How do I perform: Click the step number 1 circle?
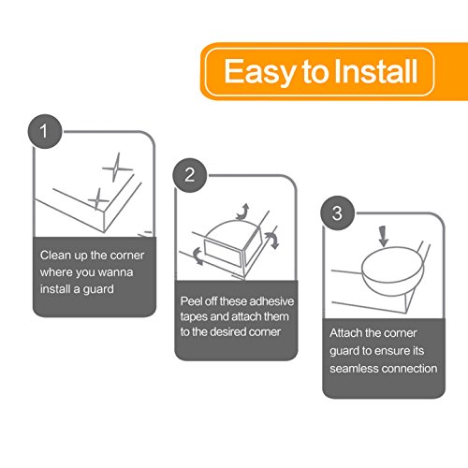(45, 131)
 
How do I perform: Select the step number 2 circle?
(190, 175)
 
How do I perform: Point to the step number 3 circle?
(337, 213)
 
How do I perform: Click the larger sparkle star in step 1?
(117, 168)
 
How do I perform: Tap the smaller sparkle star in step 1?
(98, 198)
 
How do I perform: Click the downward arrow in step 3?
(384, 237)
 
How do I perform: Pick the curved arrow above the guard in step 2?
(242, 212)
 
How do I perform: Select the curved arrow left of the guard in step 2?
(197, 256)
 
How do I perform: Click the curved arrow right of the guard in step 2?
(272, 240)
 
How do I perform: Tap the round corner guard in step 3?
(393, 271)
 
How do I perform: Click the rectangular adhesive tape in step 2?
(223, 253)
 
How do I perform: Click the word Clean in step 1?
(55, 255)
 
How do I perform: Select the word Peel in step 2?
(191, 301)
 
